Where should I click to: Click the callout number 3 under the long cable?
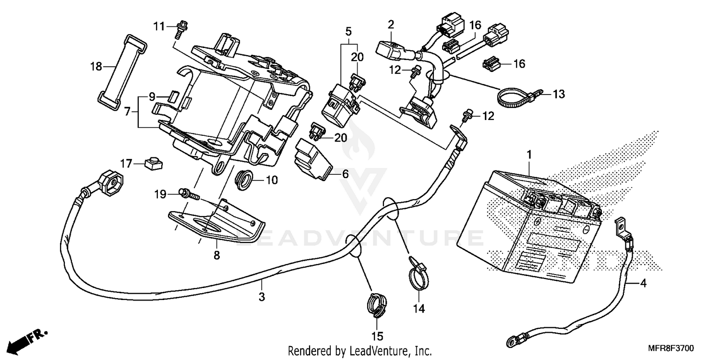tap(262, 297)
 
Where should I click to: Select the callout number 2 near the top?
tap(391, 24)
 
